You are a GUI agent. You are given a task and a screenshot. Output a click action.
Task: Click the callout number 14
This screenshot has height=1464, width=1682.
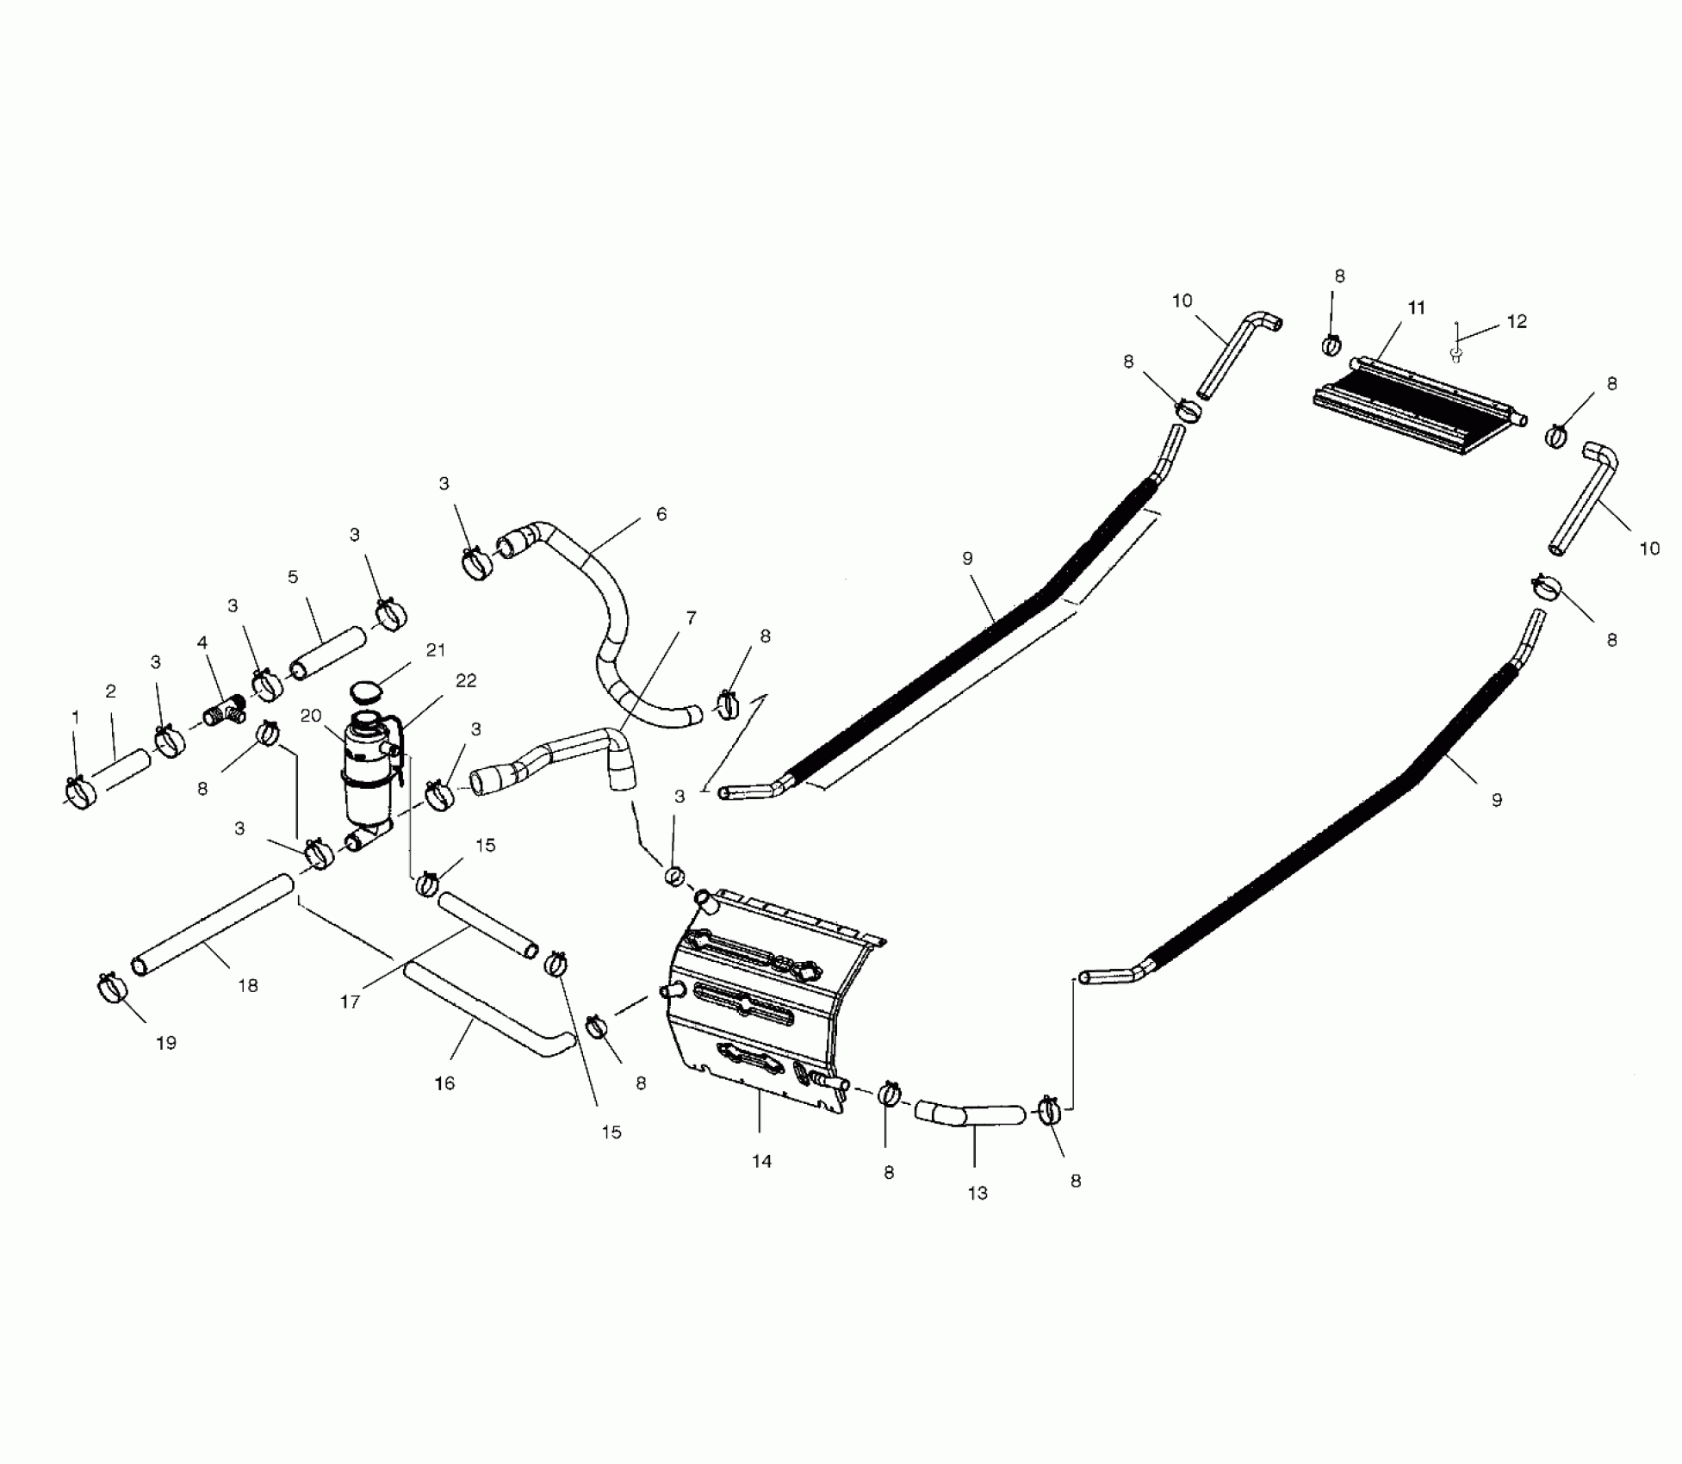(x=761, y=1161)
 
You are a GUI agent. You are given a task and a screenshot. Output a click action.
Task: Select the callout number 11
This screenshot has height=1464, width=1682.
(x=1417, y=307)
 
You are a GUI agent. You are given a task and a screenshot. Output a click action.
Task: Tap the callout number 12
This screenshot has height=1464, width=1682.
(x=1517, y=321)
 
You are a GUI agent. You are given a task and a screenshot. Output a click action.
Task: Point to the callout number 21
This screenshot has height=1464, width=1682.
(x=436, y=649)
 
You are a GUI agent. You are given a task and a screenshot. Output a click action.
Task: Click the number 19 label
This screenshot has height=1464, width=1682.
(x=166, y=1043)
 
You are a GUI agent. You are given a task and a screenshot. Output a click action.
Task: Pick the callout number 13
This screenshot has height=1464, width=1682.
(x=978, y=1193)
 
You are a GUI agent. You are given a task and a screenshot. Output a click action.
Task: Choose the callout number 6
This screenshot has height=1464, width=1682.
(x=661, y=514)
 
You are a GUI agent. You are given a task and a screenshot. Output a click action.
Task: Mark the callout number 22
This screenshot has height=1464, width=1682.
(x=466, y=680)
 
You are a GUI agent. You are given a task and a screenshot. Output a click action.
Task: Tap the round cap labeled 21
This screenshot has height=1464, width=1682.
(x=368, y=692)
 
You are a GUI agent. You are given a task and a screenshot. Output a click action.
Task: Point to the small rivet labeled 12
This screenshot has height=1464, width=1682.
(x=1455, y=354)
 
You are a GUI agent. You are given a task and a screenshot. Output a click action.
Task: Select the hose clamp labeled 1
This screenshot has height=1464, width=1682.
(x=82, y=792)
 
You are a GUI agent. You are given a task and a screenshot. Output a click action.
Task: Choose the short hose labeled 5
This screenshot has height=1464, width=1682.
(x=328, y=654)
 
